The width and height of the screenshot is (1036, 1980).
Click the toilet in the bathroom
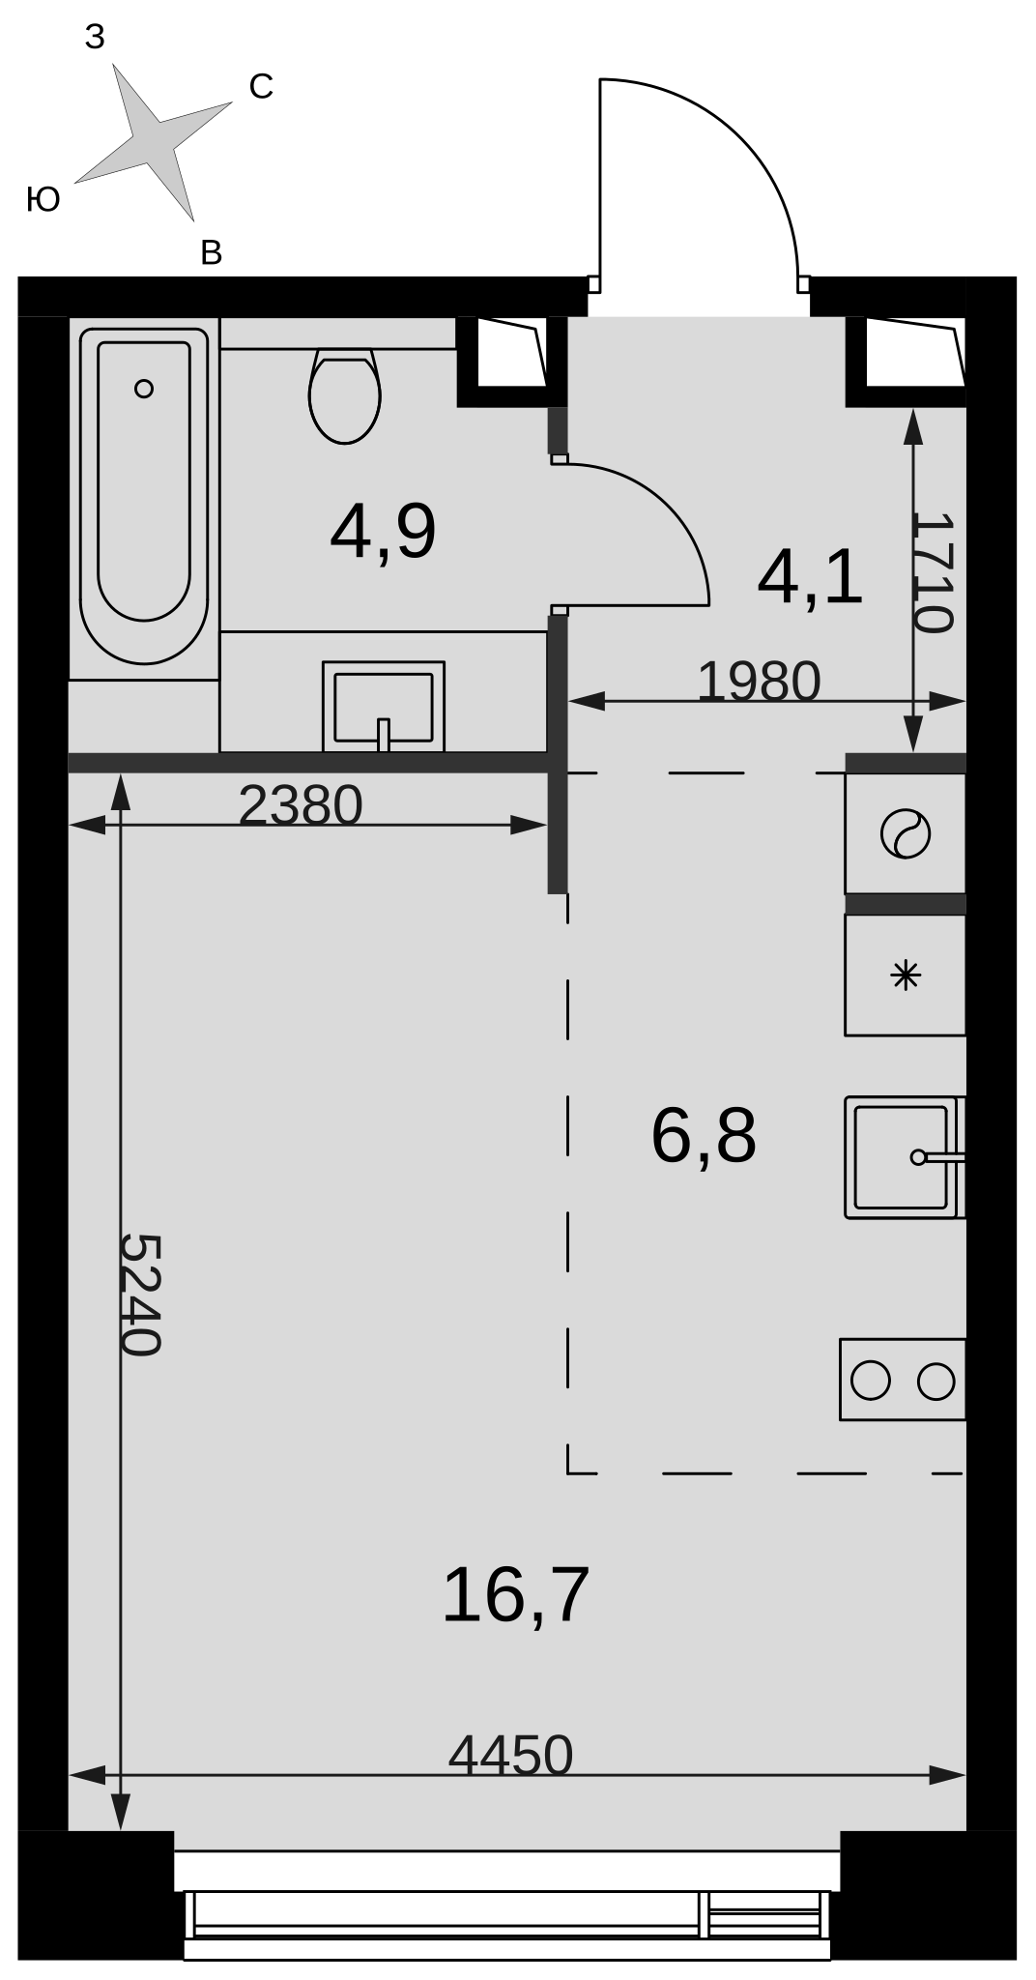tap(345, 395)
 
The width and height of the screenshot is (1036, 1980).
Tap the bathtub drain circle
tap(144, 389)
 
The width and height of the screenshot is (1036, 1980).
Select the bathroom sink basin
tap(384, 707)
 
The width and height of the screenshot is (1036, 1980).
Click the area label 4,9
tap(383, 531)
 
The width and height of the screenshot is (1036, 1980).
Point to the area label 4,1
tap(810, 579)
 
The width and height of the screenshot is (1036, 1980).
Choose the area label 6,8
tap(704, 1135)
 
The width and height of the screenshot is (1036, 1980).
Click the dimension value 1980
tap(759, 681)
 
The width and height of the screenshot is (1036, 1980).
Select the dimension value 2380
tap(301, 804)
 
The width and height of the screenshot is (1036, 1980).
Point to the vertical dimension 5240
tap(139, 1295)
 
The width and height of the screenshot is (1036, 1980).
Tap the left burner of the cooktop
tap(870, 1380)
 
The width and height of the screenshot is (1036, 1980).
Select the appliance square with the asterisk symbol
tap(906, 975)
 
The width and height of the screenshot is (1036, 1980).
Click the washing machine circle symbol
tap(906, 833)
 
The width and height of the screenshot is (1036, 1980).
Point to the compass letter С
tap(261, 87)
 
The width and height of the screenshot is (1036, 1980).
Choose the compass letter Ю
tap(43, 199)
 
